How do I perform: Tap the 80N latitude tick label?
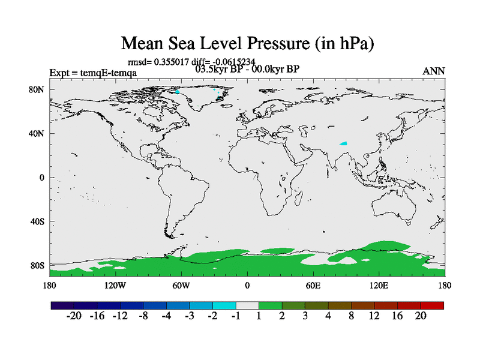click(x=38, y=90)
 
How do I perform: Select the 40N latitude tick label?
click(x=38, y=134)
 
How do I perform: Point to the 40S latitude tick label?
click(x=38, y=221)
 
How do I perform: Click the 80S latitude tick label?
click(x=38, y=265)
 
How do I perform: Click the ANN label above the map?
click(x=434, y=71)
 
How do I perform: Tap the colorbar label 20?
click(x=420, y=316)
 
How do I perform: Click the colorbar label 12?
click(x=374, y=316)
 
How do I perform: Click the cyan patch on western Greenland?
click(x=177, y=92)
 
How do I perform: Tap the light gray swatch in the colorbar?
click(x=247, y=305)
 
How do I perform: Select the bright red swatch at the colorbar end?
click(x=432, y=305)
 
